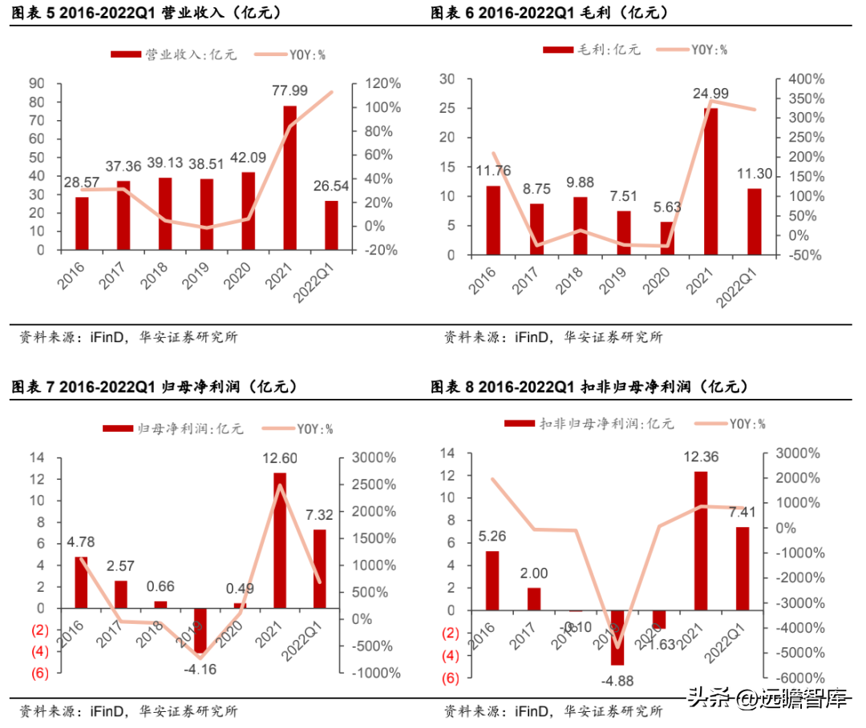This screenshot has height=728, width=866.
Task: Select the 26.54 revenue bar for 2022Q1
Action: pos(331,225)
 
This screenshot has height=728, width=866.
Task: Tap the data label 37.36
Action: pos(123,167)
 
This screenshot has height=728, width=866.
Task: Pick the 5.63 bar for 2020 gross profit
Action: pos(667,238)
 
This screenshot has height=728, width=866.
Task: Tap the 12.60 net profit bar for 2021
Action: pos(279,540)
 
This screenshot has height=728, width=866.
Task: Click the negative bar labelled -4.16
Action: pos(200,631)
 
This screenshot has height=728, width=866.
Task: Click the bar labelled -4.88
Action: pos(617,637)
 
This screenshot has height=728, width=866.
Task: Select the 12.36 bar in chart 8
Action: pos(701,541)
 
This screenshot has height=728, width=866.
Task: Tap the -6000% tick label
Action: pos(794,678)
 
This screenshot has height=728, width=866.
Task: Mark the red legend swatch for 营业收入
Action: pos(124,54)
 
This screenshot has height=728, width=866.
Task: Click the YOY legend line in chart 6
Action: pos(672,50)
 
